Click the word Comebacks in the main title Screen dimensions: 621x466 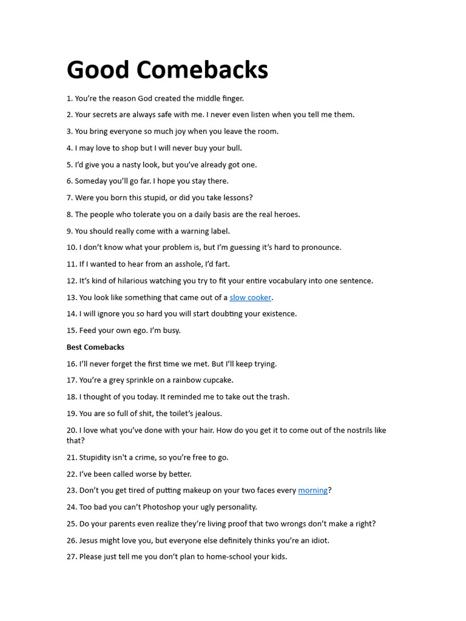201,70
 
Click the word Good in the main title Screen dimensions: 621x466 98,70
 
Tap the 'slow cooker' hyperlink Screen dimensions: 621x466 250,297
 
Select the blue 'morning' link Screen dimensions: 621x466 312,490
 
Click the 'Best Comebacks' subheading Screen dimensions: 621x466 95,347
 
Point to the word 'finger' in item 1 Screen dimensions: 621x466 231,98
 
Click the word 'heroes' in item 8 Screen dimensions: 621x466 286,214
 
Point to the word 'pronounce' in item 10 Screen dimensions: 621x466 321,247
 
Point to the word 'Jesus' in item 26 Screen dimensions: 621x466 90,540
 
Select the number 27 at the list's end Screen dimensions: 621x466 72,557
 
